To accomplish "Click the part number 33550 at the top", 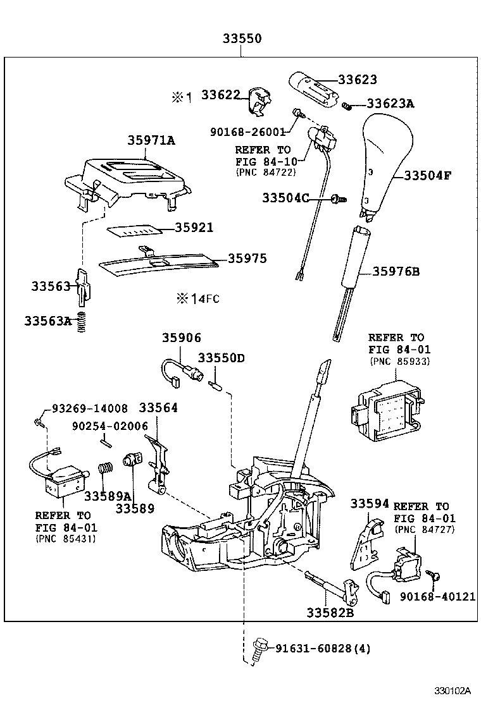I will (242, 39).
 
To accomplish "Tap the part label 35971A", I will (151, 141).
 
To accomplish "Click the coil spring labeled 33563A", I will (81, 324).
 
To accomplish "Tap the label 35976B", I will (396, 272).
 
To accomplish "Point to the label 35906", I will (181, 338).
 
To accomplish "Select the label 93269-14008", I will (89, 408).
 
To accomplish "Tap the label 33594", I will (370, 504).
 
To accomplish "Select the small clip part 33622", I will (258, 101).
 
